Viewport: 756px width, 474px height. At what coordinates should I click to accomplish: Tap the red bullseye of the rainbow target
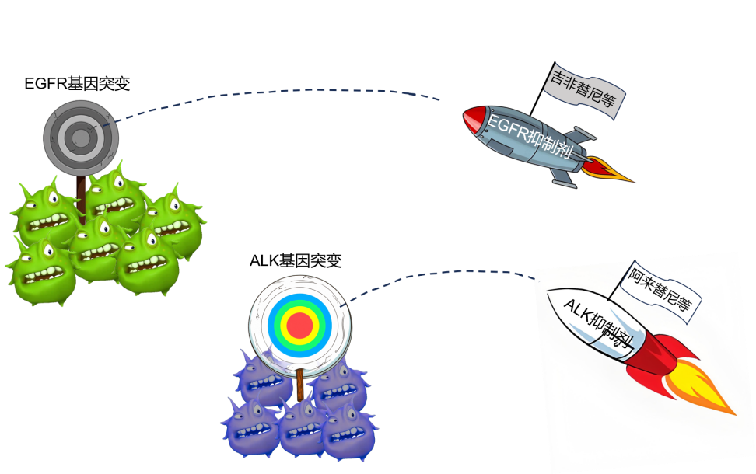[x=299, y=325]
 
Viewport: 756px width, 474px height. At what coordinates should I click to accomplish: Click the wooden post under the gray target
[x=81, y=187]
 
